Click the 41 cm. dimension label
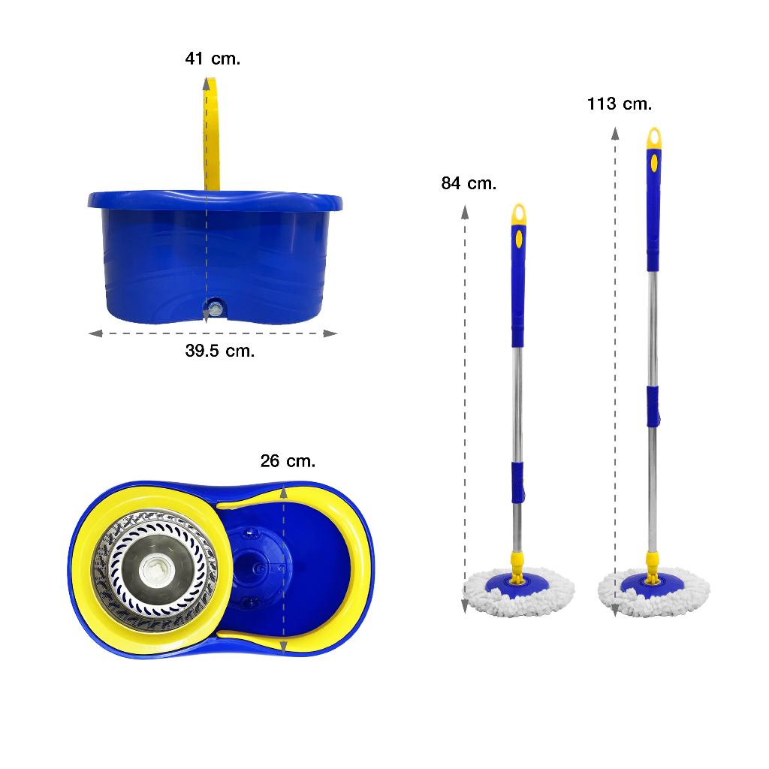pos(213,59)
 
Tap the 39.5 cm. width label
pos(220,351)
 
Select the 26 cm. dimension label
pos(288,461)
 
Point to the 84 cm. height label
pos(469,183)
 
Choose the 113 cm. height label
pos(620,104)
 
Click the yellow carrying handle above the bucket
pos(211,134)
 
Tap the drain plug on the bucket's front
pos(215,309)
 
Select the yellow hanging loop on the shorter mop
pos(519,214)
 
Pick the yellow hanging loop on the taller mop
pos(654,138)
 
